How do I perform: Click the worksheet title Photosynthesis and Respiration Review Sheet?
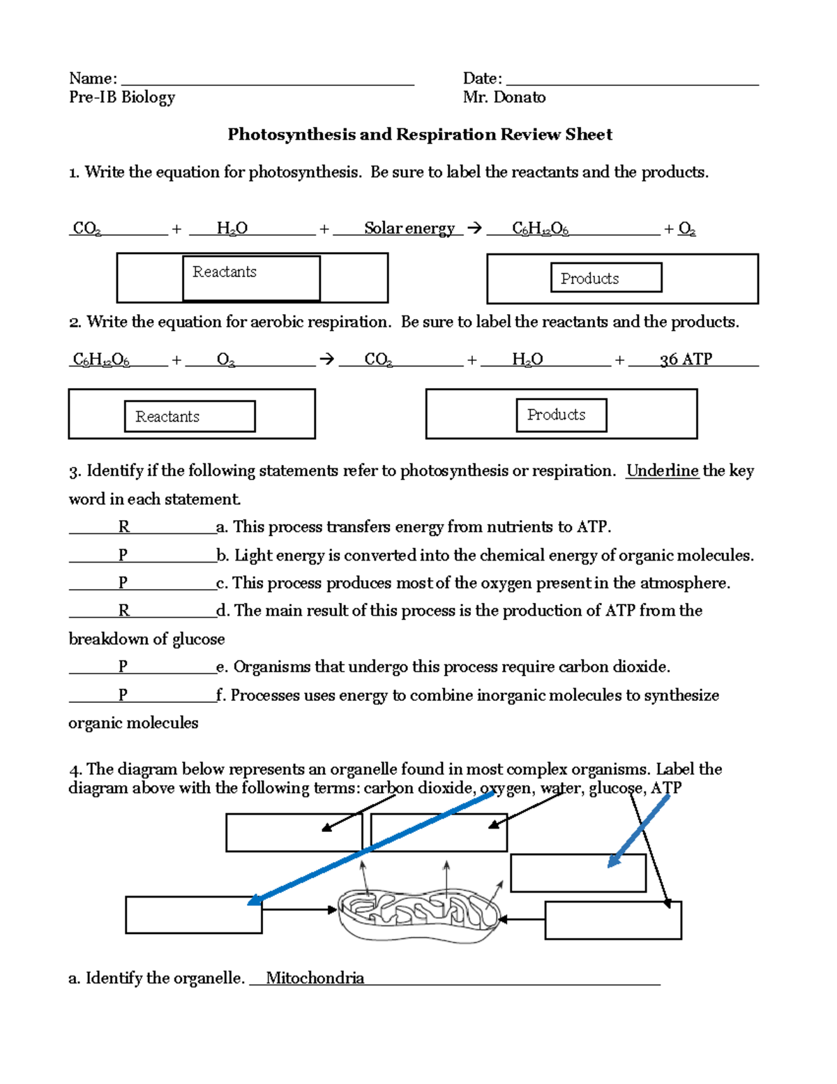(x=419, y=135)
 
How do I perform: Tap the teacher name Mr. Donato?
(x=504, y=98)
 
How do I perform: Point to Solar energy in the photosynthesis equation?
(x=409, y=228)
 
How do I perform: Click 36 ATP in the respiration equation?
(x=686, y=359)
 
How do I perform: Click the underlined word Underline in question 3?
(x=662, y=471)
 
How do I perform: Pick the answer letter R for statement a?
(x=123, y=527)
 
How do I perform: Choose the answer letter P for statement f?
(x=123, y=695)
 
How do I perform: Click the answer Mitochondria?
(x=315, y=978)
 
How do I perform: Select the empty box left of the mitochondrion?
(x=193, y=915)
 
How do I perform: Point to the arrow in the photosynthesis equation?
(x=474, y=228)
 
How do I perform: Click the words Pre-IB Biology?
(x=121, y=98)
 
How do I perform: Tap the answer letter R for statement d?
(x=123, y=611)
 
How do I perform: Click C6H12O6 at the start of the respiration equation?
(x=101, y=360)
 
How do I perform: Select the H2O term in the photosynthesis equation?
(x=232, y=228)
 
